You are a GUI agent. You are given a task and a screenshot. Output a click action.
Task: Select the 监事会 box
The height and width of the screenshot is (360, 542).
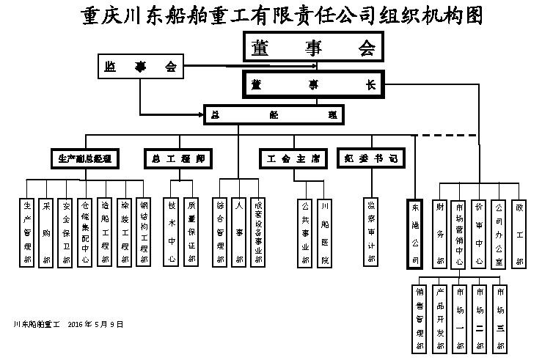[139, 67]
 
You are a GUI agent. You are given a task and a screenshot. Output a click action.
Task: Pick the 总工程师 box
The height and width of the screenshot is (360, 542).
[178, 158]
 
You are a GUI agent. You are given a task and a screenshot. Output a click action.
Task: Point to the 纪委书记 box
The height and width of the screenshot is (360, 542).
[370, 158]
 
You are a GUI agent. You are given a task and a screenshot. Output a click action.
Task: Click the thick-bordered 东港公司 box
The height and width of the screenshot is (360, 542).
[415, 232]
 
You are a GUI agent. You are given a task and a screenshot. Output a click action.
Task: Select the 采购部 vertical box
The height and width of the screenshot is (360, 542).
[46, 232]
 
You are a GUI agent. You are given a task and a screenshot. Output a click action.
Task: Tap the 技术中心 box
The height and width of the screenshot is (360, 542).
[172, 232]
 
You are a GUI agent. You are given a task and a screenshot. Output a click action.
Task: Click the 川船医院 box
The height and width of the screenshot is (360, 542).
[324, 232]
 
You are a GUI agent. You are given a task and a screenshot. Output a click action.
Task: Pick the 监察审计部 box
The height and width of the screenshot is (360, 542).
[371, 232]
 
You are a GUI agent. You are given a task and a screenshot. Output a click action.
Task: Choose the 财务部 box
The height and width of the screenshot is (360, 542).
[440, 232]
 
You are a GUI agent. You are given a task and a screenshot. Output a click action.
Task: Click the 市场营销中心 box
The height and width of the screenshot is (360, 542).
[459, 232]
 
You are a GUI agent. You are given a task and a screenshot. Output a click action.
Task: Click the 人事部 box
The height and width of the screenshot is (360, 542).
[238, 232]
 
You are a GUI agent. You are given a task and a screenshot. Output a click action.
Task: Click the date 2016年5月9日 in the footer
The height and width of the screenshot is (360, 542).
[95, 323]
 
